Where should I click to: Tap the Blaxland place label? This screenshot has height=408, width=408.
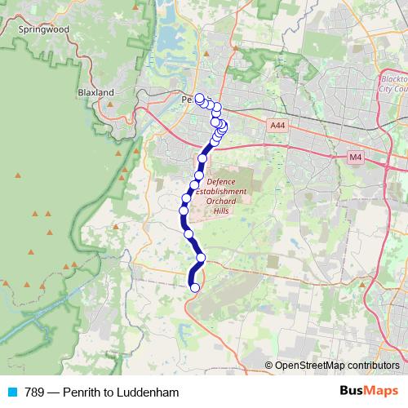[x=96, y=93]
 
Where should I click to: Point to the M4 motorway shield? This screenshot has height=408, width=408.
[x=355, y=156]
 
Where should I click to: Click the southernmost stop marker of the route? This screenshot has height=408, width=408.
[x=194, y=287]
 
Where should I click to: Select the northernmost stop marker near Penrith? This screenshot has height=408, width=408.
[x=199, y=97]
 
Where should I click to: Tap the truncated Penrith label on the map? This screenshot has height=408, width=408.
[x=187, y=100]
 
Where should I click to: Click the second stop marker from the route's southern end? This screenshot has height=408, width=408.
[x=201, y=259]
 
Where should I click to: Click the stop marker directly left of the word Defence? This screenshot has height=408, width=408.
[x=198, y=175]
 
